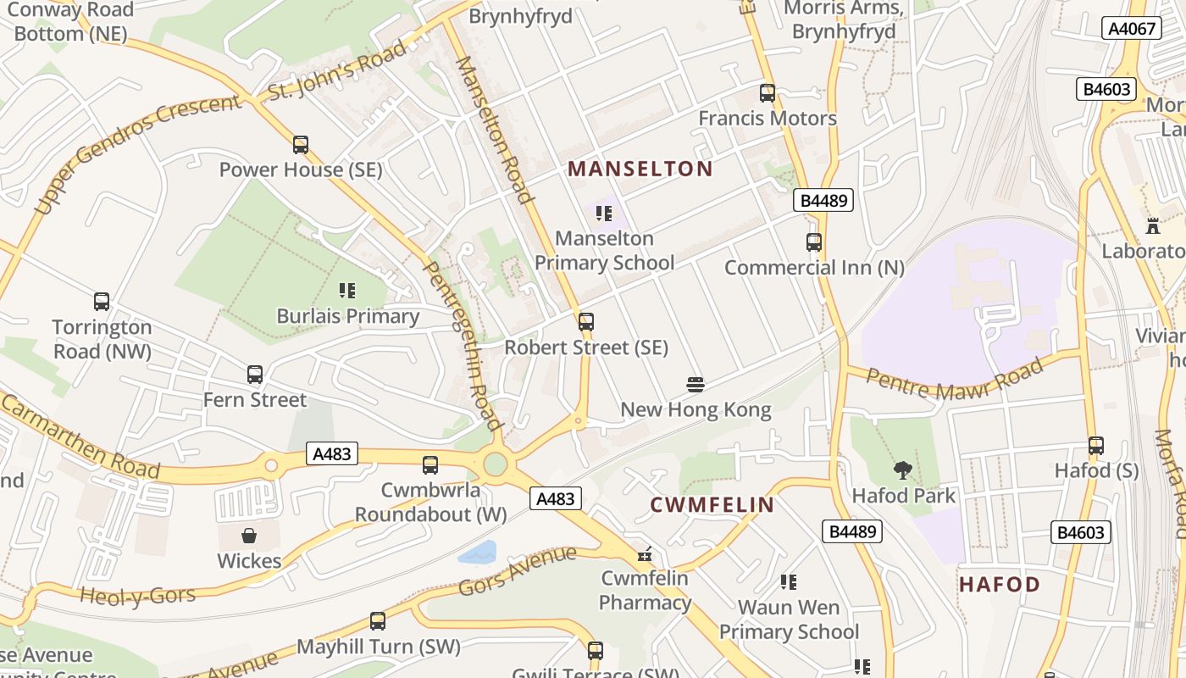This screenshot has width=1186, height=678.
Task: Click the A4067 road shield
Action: pyautogui.click(x=1133, y=29)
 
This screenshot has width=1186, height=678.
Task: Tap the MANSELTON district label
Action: pyautogui.click(x=640, y=169)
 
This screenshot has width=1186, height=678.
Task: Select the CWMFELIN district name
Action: pyautogui.click(x=712, y=505)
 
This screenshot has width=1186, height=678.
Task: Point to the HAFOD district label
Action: pyautogui.click(x=1000, y=584)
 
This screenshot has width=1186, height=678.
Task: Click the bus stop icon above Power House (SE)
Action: pyautogui.click(x=301, y=145)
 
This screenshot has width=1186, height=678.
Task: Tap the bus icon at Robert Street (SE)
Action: pyautogui.click(x=585, y=322)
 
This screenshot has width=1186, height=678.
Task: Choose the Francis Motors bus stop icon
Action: pyautogui.click(x=768, y=93)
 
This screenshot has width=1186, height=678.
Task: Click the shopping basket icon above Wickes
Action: pyautogui.click(x=249, y=536)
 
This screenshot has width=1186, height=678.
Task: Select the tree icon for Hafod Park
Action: pyautogui.click(x=903, y=470)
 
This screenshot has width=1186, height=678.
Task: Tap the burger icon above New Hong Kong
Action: pyautogui.click(x=696, y=385)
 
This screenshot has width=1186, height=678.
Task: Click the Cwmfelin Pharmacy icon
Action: pyautogui.click(x=645, y=554)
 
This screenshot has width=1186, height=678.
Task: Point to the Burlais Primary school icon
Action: pyautogui.click(x=347, y=291)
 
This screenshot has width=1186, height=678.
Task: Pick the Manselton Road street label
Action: pyautogui.click(x=496, y=130)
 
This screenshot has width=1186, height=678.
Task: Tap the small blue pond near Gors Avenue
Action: pyautogui.click(x=478, y=553)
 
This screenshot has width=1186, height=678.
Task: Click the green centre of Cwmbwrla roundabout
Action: pyautogui.click(x=496, y=464)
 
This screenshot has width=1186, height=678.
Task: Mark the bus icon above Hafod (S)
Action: pyautogui.click(x=1096, y=445)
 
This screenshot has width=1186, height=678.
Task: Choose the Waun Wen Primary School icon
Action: pyautogui.click(x=789, y=582)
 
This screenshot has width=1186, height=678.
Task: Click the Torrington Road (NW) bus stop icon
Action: pyautogui.click(x=102, y=302)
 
